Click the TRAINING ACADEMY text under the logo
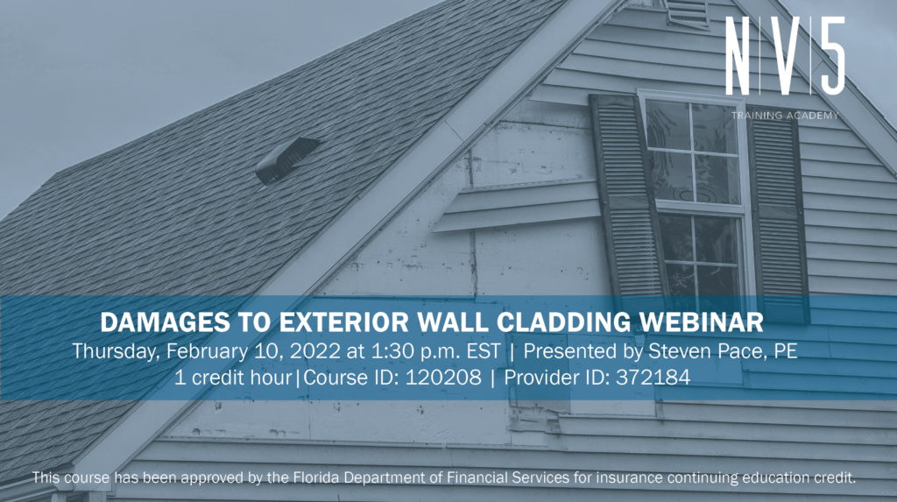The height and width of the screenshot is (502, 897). point(785,115)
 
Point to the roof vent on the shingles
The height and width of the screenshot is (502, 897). point(286,160)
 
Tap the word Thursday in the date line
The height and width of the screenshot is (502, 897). point(110,350)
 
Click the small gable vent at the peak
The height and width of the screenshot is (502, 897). point(687,11)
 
